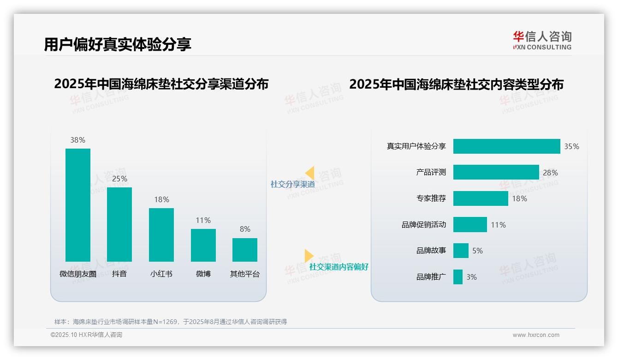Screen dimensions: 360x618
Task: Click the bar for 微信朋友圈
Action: pos(78,205)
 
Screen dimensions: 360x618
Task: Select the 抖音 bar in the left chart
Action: pos(119,224)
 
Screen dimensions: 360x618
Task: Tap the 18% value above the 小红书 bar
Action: pos(161,200)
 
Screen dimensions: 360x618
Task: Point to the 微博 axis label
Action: pos(203,274)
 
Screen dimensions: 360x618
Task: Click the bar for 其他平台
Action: pos(245,250)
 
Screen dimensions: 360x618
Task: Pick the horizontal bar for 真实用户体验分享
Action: pos(506,146)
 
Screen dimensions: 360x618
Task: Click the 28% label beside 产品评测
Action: pos(550,173)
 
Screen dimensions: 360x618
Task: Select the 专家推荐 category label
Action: pos(431,198)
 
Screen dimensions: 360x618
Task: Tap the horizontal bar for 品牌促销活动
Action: pos(470,225)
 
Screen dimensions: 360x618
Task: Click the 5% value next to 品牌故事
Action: pos(477,251)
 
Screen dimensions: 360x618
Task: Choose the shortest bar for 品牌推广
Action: pos(458,277)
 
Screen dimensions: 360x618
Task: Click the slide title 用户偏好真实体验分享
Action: pos(118,44)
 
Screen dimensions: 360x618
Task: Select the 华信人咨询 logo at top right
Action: pos(542,40)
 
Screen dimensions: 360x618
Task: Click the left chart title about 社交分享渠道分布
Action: pos(161,84)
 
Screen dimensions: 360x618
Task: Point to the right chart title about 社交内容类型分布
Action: pos(456,84)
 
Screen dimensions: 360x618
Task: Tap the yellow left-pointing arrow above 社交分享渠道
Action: pos(310,173)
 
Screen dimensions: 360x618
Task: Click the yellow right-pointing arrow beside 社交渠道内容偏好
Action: pos(309,256)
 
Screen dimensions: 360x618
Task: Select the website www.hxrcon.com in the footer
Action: pos(536,335)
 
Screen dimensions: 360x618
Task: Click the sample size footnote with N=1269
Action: pos(171,322)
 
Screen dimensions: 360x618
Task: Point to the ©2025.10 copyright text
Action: pos(86,335)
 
